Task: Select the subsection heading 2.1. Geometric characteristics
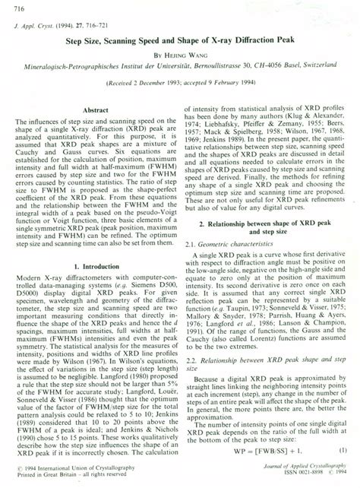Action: point(227,244)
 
